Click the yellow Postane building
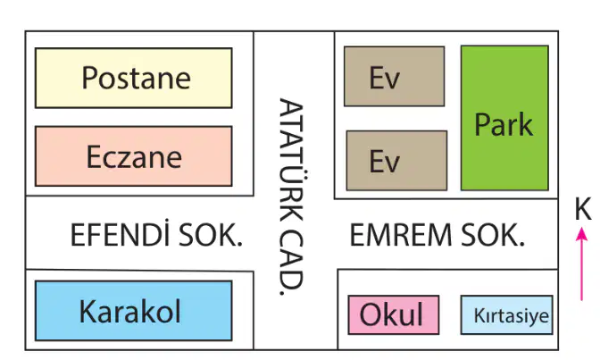coord(134,78)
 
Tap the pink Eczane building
coord(134,156)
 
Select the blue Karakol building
coord(134,311)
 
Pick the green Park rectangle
coord(504,118)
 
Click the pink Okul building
coord(394,314)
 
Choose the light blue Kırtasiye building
coord(506,314)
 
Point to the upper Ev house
coord(394,77)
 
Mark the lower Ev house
coord(396,161)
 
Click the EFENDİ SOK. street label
coord(156,234)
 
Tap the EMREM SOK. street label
coord(437,234)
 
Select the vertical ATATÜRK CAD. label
coord(292,197)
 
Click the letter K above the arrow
coord(583,209)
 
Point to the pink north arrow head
coord(581,234)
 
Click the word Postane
coord(137,78)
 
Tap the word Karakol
coord(129,311)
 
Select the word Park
coord(504,124)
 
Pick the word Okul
coord(391,314)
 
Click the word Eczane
coord(134,156)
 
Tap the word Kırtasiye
coord(512,315)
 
